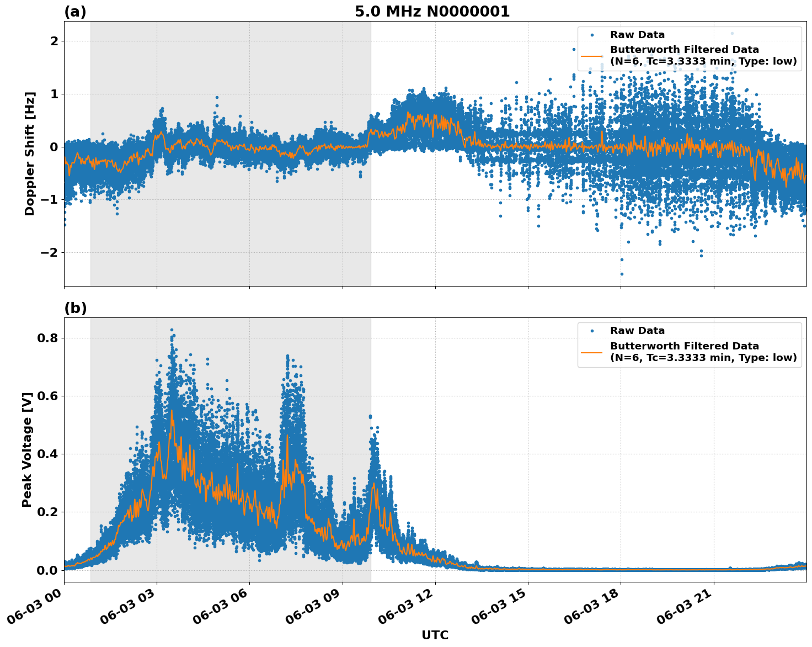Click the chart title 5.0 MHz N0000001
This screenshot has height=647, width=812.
(x=432, y=12)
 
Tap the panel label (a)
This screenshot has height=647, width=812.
(x=75, y=12)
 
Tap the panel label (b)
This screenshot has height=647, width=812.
(x=75, y=308)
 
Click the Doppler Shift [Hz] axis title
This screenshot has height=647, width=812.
(x=30, y=153)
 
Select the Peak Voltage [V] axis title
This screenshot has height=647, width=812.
(x=27, y=449)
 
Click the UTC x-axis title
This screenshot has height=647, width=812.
(x=435, y=635)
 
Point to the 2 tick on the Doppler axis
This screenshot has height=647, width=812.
(x=54, y=41)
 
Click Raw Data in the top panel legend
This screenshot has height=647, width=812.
(x=637, y=35)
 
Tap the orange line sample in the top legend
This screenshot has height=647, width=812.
(x=592, y=56)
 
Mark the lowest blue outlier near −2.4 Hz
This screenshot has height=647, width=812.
(x=622, y=274)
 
